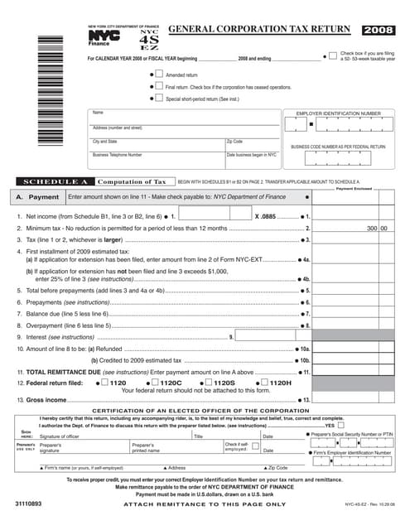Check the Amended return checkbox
click(x=159, y=75)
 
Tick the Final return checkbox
click(x=159, y=86)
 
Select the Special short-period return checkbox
click(x=159, y=98)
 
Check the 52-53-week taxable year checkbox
click(x=333, y=56)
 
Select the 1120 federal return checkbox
click(x=105, y=383)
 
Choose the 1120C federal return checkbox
click(x=153, y=383)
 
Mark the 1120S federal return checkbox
click(x=209, y=383)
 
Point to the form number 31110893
click(x=29, y=503)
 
